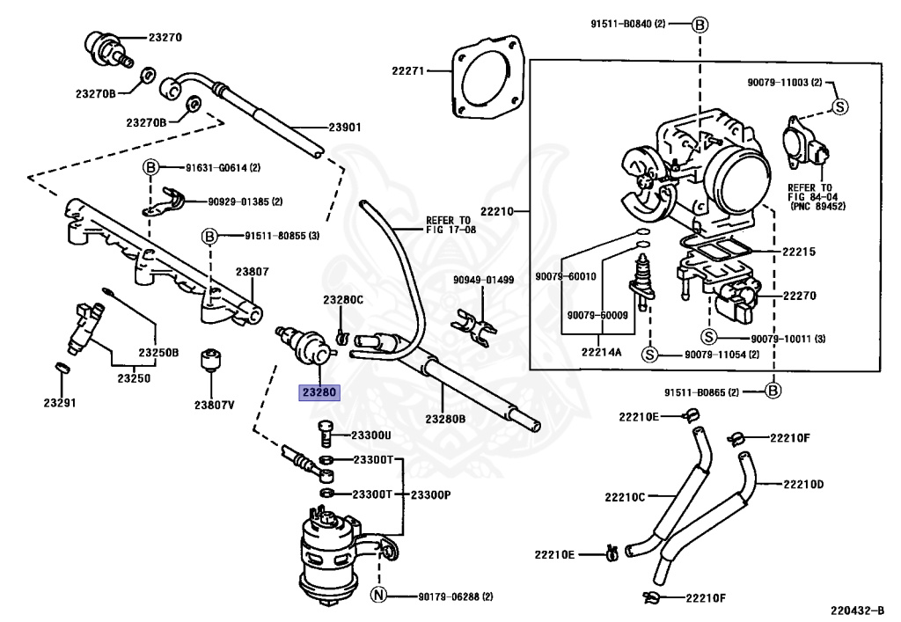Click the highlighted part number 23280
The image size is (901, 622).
pos(319,393)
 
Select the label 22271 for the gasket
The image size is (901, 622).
pos(408,71)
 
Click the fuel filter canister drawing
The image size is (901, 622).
pos(329,554)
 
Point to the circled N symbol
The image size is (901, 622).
pos(378,595)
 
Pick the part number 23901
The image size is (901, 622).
pos(345,127)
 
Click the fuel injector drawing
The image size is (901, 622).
pos(84,326)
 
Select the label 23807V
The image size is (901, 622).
pos(215,405)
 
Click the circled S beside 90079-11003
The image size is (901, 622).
pos(840,106)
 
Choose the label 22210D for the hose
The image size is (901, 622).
pos(803,484)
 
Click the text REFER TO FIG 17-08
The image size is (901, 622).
pos(451,224)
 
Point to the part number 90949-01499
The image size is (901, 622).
pos(483,280)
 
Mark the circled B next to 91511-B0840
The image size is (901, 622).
pos(700,25)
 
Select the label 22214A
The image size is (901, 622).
pos(601,352)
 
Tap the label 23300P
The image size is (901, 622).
pos(430,494)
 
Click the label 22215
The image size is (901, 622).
pos(799,252)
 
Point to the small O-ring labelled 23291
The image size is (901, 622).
pos(62,367)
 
